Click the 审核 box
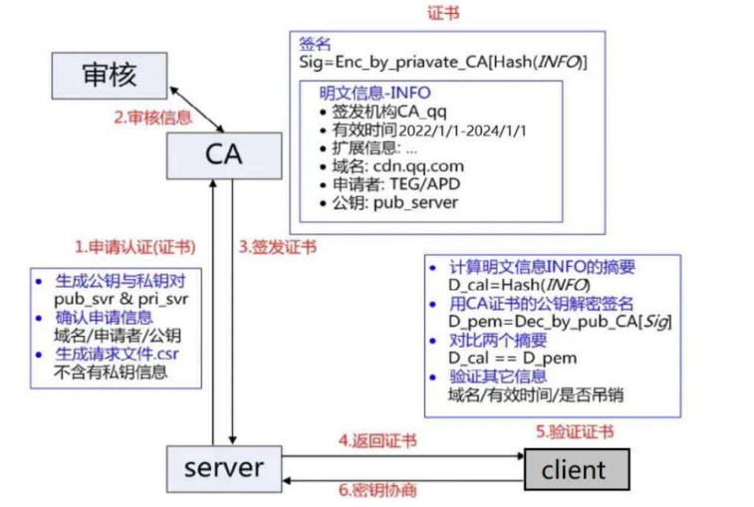pyautogui.click(x=109, y=74)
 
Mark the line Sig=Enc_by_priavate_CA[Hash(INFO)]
pyautogui.click(x=443, y=63)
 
